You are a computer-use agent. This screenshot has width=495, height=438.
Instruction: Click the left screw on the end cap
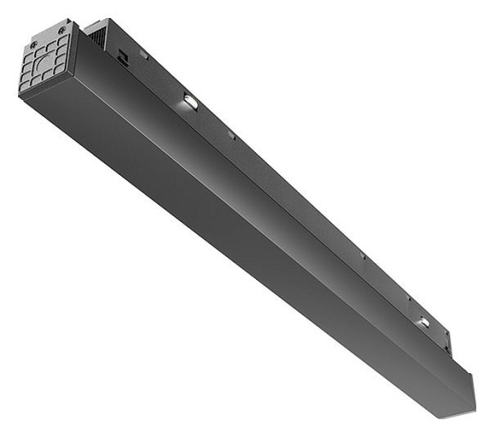coord(32,43)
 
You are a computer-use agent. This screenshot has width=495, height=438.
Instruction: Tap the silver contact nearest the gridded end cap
coord(189,99)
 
